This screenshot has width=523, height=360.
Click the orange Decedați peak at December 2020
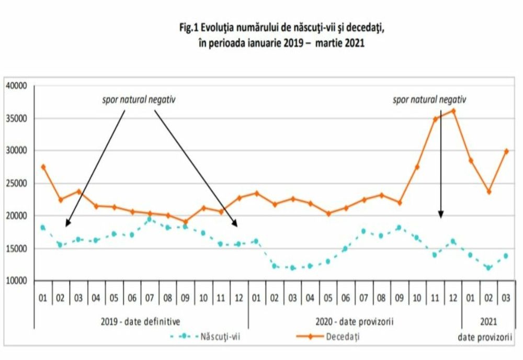tap(453, 111)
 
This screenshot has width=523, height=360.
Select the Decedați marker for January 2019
tap(43, 167)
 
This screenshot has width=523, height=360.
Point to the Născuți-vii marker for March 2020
tap(292, 267)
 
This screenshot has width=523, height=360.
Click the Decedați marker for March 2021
tap(506, 151)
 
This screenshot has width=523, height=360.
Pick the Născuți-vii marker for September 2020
tap(399, 228)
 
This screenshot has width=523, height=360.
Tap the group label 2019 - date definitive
tap(141, 320)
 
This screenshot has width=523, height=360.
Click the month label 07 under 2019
tap(149, 298)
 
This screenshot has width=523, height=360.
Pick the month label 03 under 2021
tap(506, 298)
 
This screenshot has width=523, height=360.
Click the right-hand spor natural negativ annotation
tap(429, 99)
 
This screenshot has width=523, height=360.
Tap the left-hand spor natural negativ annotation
tap(138, 99)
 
